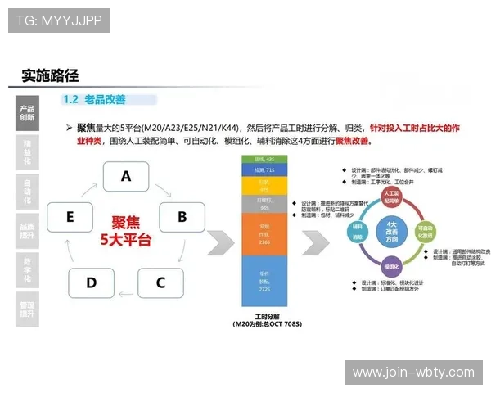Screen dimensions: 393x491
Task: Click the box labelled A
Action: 126,175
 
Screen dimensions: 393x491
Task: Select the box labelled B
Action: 182,217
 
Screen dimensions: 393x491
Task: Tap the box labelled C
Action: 160,283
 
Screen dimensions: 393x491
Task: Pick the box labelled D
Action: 91,283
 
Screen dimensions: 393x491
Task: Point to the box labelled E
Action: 70,217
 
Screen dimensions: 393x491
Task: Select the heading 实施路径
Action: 50,76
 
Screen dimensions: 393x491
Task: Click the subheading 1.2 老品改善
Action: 94,99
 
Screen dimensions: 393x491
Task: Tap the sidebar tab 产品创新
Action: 27,113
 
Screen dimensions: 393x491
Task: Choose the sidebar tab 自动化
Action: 27,190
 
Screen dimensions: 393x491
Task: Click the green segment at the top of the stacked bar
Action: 264,158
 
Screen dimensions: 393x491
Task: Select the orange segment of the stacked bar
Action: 264,234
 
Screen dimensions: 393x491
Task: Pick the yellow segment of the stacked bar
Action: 264,186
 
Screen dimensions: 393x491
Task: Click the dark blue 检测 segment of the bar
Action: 264,171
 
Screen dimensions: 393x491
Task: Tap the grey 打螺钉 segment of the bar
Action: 264,203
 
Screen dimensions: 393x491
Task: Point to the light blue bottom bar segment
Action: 264,283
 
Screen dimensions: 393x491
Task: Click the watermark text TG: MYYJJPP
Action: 59,20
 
